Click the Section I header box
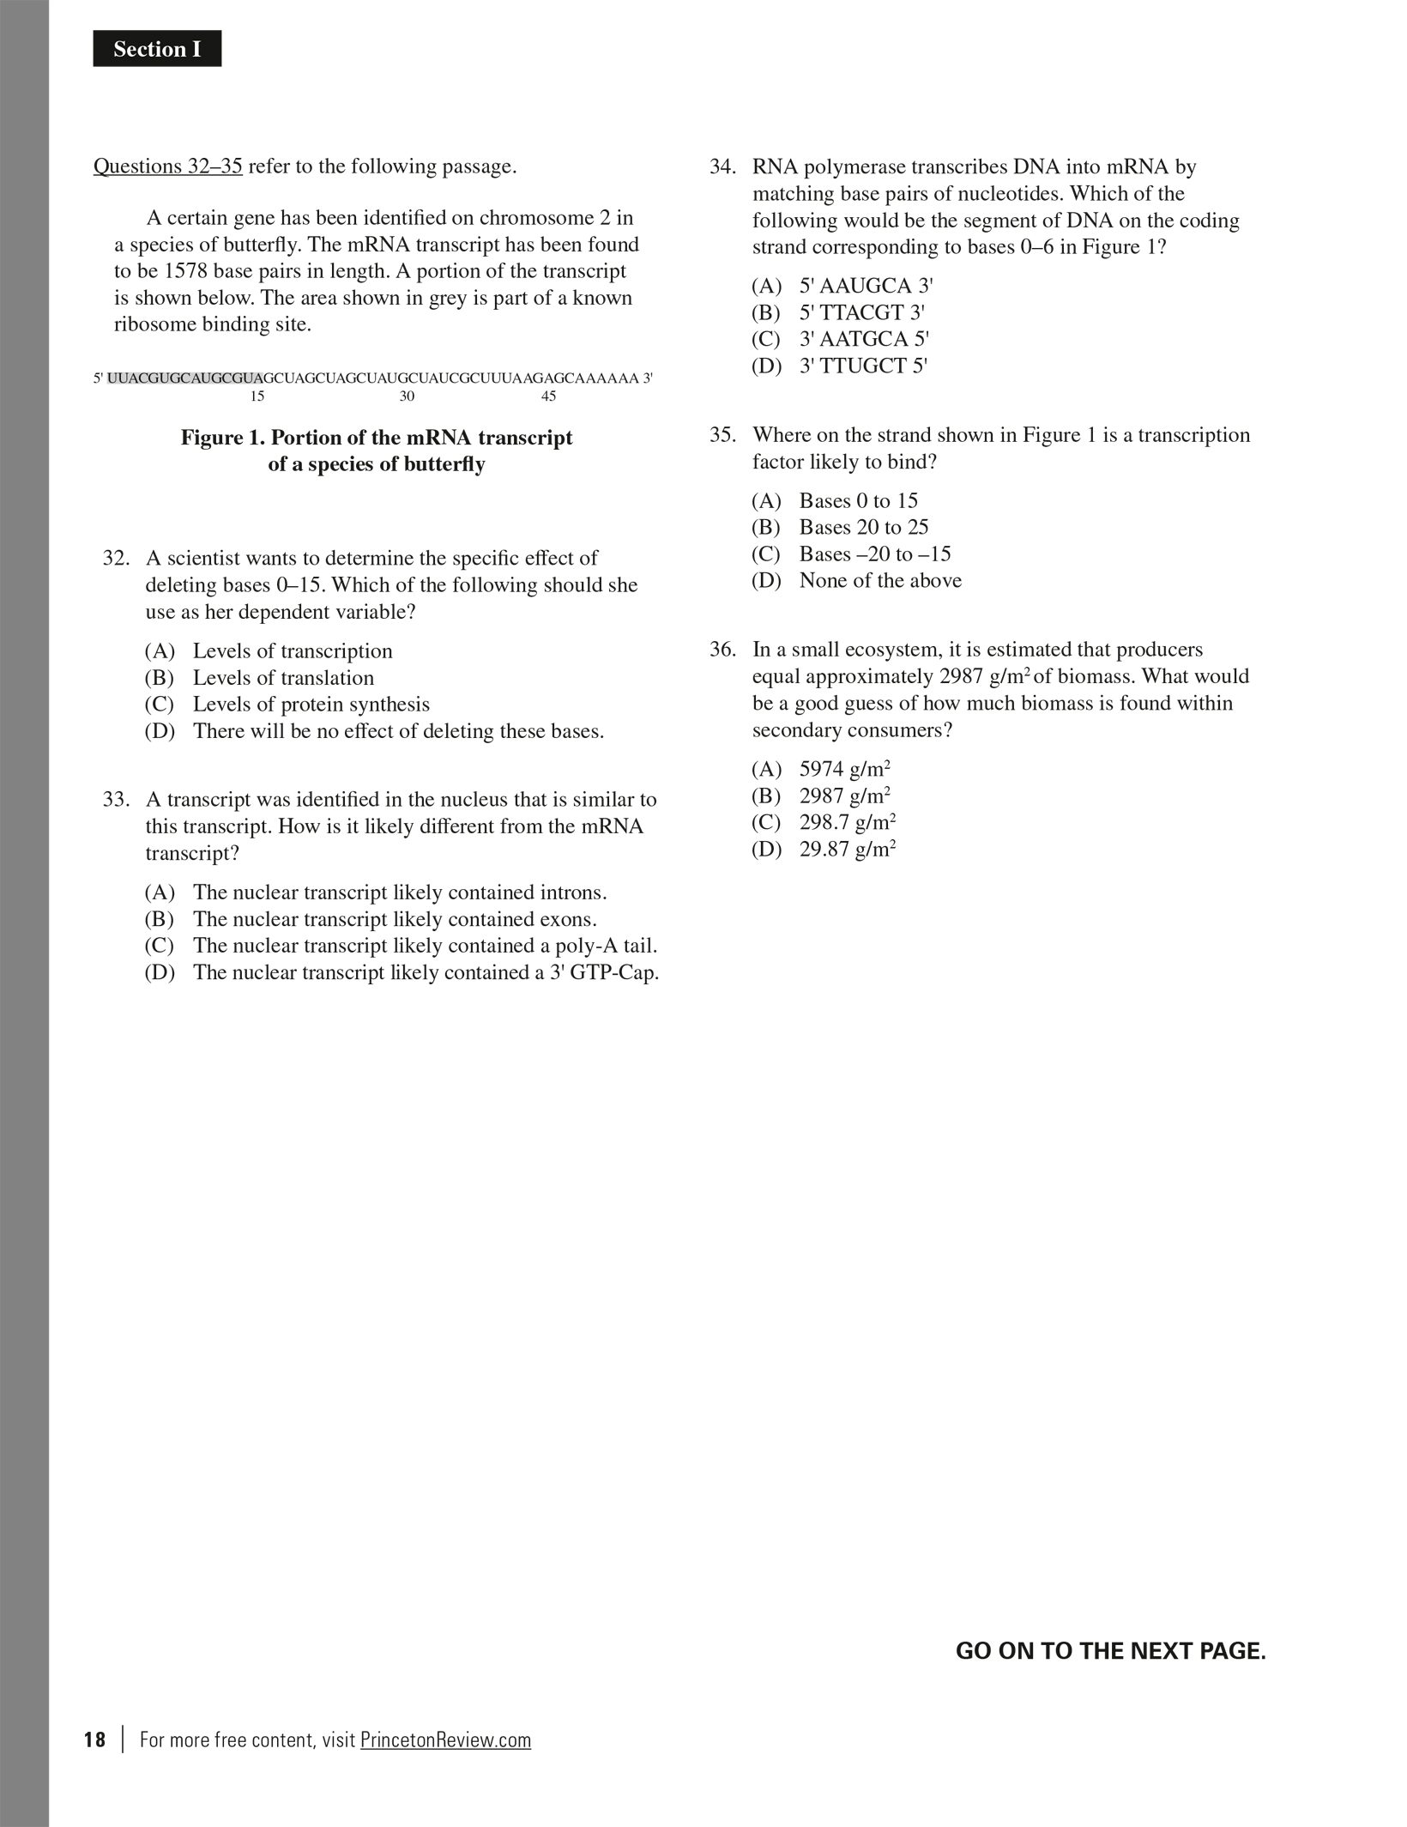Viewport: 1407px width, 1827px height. [x=157, y=49]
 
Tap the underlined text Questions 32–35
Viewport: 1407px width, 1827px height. [x=168, y=166]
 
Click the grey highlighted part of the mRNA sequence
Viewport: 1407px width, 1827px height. [x=185, y=378]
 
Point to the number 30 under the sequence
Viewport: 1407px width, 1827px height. [x=407, y=396]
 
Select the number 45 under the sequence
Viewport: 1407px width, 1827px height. [x=548, y=396]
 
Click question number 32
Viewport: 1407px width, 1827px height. [x=115, y=559]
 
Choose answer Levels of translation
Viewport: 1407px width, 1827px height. [x=283, y=678]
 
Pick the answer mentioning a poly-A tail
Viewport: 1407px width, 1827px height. [x=425, y=946]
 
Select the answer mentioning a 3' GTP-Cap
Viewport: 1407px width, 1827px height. [x=426, y=972]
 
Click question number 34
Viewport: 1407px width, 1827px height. [x=722, y=166]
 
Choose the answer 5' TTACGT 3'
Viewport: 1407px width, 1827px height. [x=861, y=312]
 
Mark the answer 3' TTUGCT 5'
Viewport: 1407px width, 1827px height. [x=863, y=366]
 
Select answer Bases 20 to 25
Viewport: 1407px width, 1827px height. [x=863, y=527]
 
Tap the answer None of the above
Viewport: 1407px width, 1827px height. [x=879, y=580]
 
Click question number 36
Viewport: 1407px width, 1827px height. [x=722, y=650]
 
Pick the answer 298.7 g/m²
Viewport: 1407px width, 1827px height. [x=847, y=822]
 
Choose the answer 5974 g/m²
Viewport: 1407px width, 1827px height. [x=844, y=769]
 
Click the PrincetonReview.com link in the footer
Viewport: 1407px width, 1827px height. [x=445, y=1739]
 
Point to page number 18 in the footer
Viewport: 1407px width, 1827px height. [x=95, y=1739]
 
